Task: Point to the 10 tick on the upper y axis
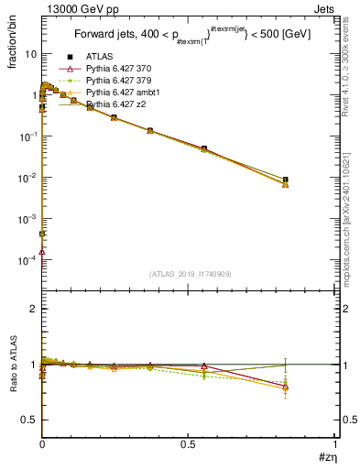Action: click(30, 53)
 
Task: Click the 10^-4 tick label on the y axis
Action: click(27, 260)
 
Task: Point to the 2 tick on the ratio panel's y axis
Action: click(34, 309)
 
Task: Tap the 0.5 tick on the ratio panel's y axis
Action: click(29, 420)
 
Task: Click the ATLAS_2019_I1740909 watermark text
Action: click(188, 274)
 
